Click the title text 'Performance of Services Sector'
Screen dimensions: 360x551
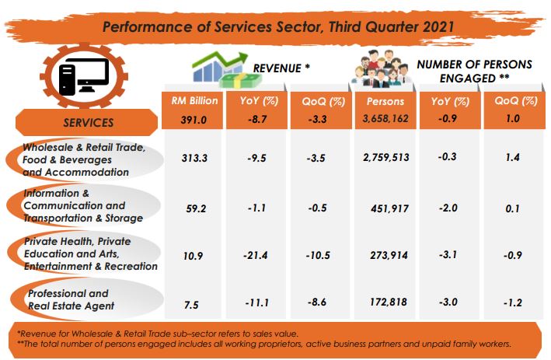[276, 26]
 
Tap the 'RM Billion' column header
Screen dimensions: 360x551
[194, 100]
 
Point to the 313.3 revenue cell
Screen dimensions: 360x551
[194, 158]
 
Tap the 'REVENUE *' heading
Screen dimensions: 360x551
[282, 68]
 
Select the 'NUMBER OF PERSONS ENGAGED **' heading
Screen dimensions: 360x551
[474, 72]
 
